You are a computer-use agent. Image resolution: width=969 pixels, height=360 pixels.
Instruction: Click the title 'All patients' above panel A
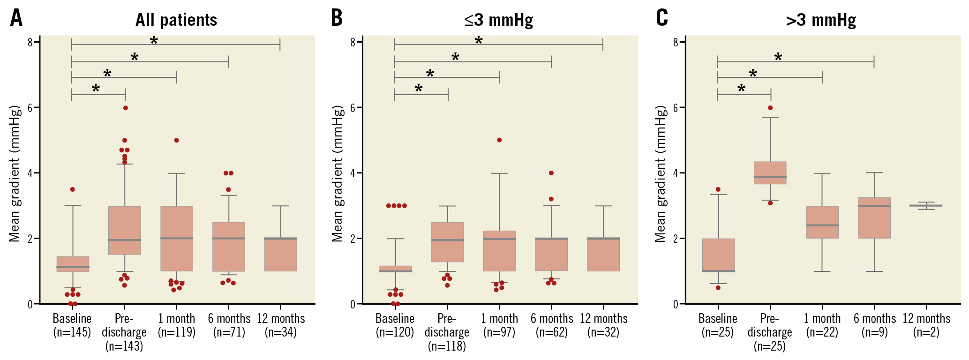click(x=176, y=20)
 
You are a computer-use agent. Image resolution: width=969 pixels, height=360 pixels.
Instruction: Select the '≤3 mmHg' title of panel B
click(x=499, y=20)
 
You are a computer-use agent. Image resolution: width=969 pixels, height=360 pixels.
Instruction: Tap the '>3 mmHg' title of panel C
click(x=821, y=20)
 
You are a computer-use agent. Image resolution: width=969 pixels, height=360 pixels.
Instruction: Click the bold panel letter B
click(x=337, y=18)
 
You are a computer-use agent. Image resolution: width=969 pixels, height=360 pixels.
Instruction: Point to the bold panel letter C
click(x=661, y=18)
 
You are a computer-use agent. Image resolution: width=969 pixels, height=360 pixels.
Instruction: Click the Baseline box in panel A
click(x=73, y=264)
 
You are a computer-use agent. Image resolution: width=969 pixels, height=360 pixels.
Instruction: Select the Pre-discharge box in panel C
click(x=770, y=172)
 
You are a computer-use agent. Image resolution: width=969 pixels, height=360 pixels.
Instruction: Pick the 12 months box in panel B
click(x=603, y=255)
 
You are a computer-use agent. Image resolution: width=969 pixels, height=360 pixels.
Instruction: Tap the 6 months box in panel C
click(x=874, y=217)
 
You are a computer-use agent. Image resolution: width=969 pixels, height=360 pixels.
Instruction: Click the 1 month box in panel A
click(x=177, y=239)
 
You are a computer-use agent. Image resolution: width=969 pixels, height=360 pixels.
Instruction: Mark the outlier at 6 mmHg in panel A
click(x=126, y=108)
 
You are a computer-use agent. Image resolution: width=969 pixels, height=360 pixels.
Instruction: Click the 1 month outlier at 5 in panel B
click(x=499, y=140)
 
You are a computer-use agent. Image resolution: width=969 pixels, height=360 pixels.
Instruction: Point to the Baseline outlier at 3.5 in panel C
click(x=718, y=189)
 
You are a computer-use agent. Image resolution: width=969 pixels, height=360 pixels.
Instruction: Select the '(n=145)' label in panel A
click(x=72, y=332)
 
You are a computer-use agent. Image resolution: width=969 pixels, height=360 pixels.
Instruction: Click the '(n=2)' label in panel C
click(x=926, y=332)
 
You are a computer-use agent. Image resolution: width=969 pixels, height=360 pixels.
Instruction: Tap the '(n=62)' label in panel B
click(x=552, y=332)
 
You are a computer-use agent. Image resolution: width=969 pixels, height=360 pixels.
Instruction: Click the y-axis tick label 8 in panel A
click(x=30, y=42)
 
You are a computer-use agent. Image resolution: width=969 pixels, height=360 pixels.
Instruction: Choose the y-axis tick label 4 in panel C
click(x=676, y=173)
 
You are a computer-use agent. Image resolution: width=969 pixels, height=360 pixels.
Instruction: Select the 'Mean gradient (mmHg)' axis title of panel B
click(x=338, y=173)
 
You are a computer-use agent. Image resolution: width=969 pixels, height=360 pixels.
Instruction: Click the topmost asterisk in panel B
click(x=479, y=41)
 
